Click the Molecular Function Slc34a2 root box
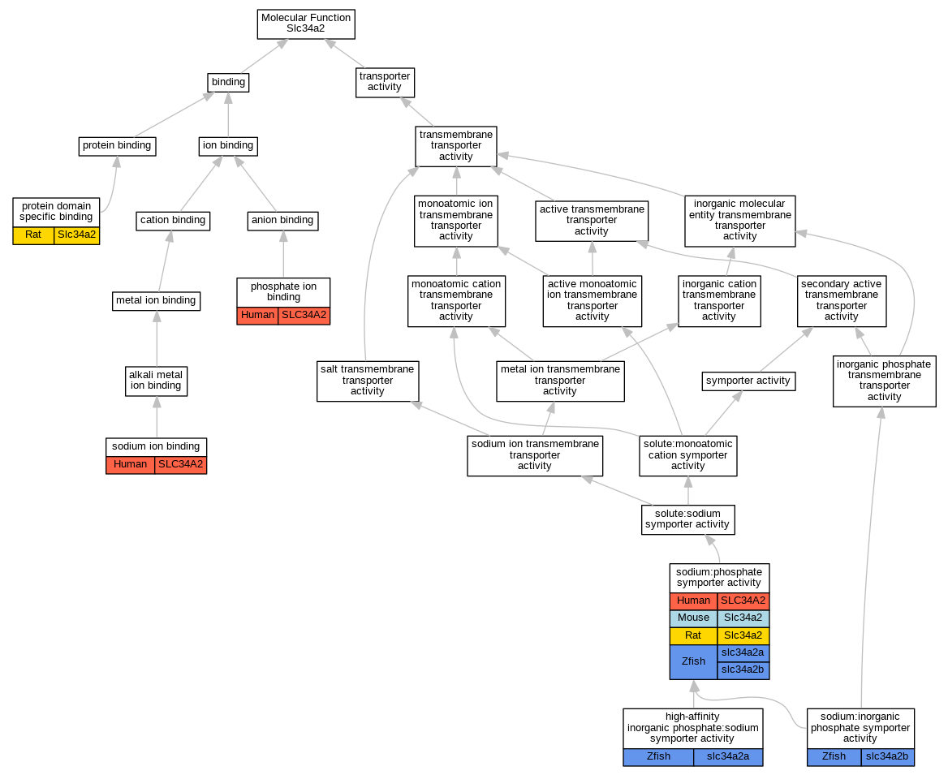pyautogui.click(x=307, y=23)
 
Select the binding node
pyautogui.click(x=227, y=82)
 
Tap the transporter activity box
pyautogui.click(x=385, y=82)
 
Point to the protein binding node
pyautogui.click(x=116, y=146)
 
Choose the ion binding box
pyautogui.click(x=228, y=146)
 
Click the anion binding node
pyautogui.click(x=282, y=220)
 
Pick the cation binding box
pyautogui.click(x=172, y=220)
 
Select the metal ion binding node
pyautogui.click(x=156, y=300)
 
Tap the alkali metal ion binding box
pyautogui.click(x=157, y=380)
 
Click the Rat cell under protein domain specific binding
pyautogui.click(x=33, y=235)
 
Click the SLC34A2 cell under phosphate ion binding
pyautogui.click(x=304, y=315)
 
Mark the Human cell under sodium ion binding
pyautogui.click(x=130, y=465)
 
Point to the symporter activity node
pyautogui.click(x=748, y=380)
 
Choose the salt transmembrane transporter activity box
pyautogui.click(x=367, y=380)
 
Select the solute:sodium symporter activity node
pyautogui.click(x=687, y=519)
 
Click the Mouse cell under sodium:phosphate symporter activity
pyautogui.click(x=693, y=618)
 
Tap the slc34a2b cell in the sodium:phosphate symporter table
pyautogui.click(x=743, y=670)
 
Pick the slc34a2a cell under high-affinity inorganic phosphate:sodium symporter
pyautogui.click(x=728, y=756)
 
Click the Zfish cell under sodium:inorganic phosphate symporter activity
pyautogui.click(x=834, y=756)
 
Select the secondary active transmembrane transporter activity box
pyautogui.click(x=841, y=300)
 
